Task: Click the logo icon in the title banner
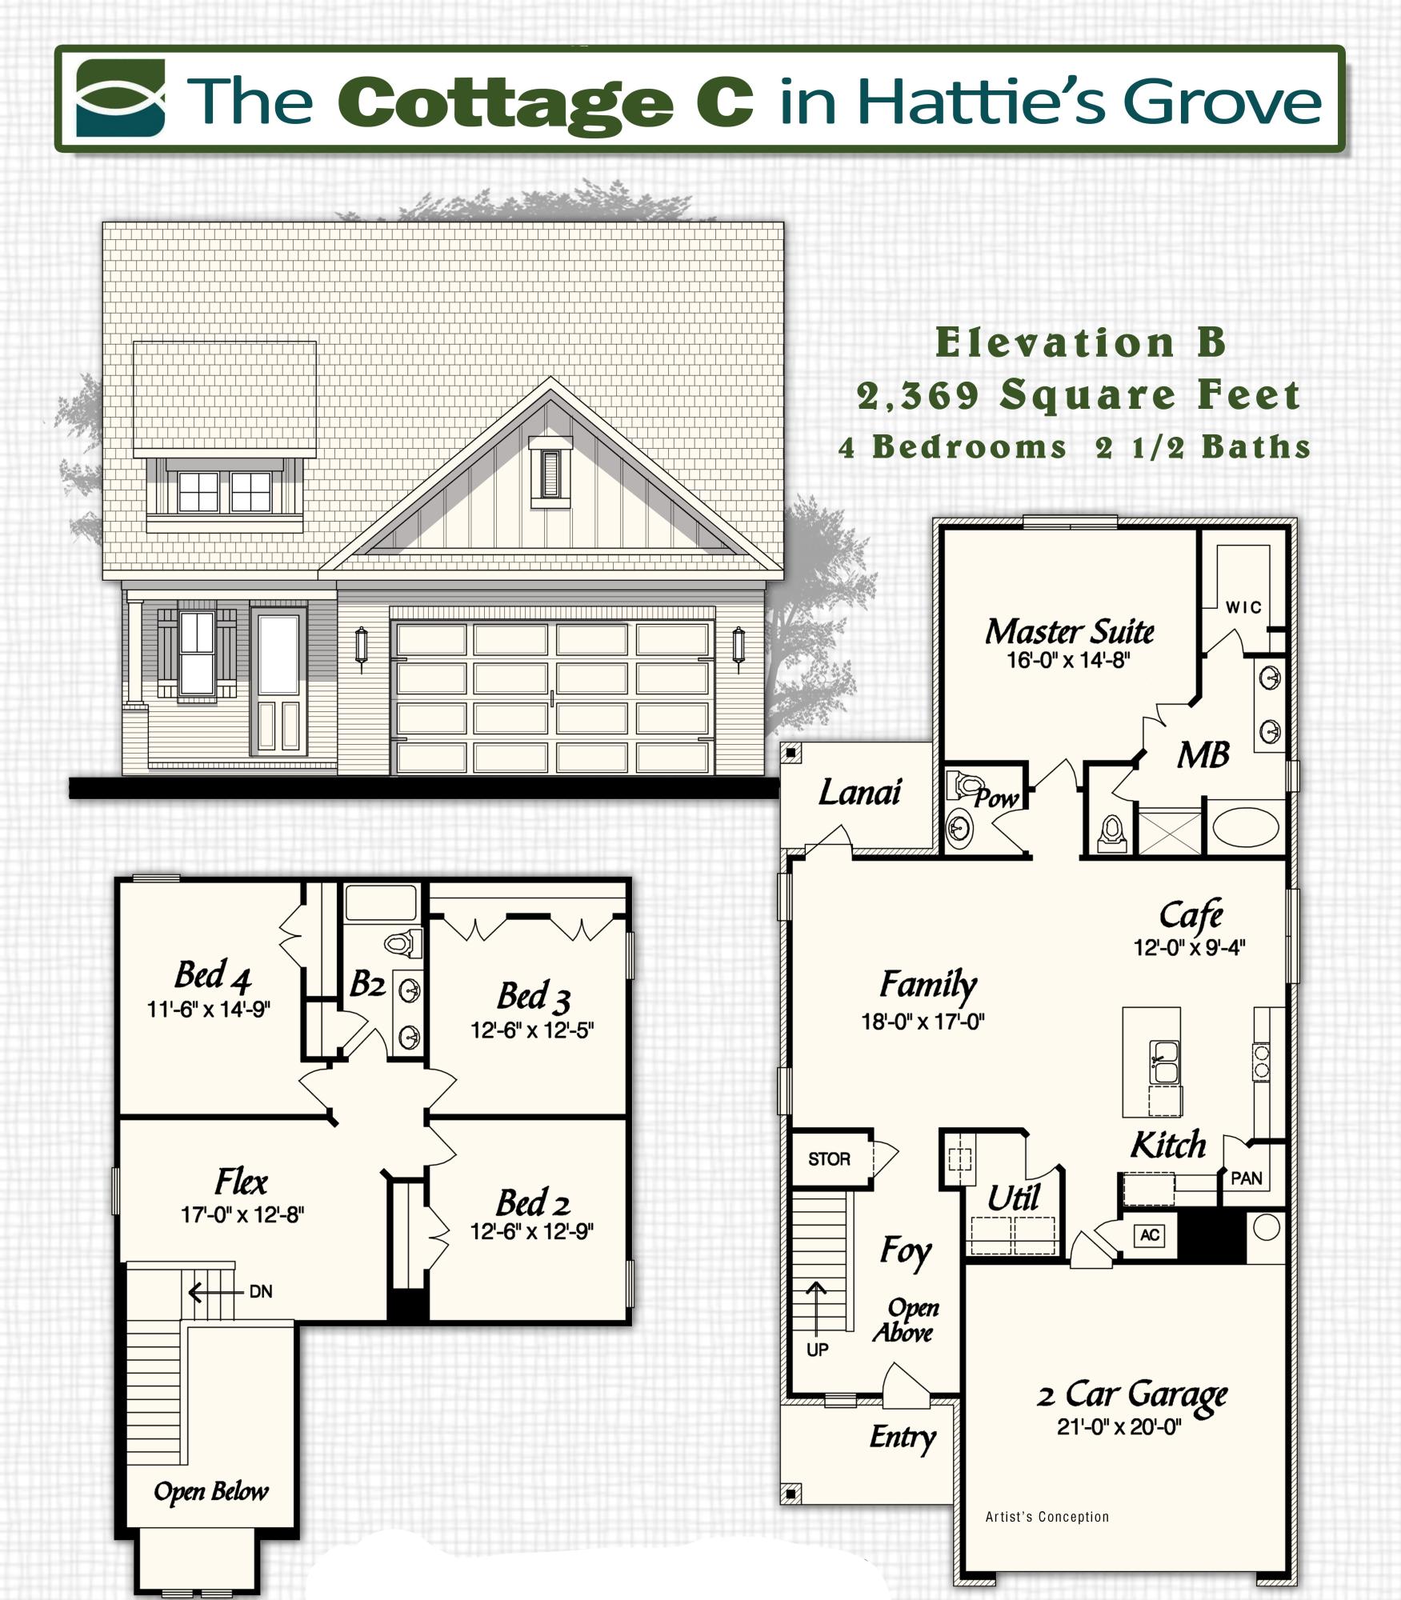pos(121,98)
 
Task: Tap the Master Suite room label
pos(1069,632)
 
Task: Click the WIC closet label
pos(1243,608)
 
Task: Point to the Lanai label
pos(859,792)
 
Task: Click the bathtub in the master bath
pos(1245,828)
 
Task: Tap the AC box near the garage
pos(1150,1234)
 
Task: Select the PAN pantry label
pos(1247,1178)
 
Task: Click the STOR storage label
pos(829,1159)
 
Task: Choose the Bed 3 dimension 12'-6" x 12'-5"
pos(532,1030)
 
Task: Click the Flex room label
pos(241,1182)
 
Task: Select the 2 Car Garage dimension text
pos(1119,1426)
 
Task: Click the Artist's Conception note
pos(1047,1517)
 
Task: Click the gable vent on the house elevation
pos(550,474)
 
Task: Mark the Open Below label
pos(211,1491)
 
